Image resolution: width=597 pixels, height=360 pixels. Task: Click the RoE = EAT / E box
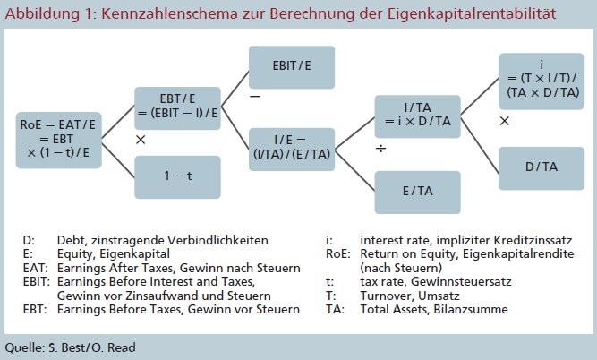[x=59, y=140]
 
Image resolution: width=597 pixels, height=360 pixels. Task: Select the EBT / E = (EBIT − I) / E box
[x=177, y=108]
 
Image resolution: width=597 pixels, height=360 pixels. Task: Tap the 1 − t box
[x=177, y=176]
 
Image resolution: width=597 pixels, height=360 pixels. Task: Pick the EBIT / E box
[x=292, y=67]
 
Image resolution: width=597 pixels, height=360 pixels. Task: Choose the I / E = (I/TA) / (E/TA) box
[x=292, y=149]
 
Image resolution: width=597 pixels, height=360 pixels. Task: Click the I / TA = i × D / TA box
[x=418, y=116]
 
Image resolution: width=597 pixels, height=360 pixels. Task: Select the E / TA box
[x=418, y=192]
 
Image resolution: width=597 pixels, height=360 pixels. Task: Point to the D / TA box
[x=542, y=168]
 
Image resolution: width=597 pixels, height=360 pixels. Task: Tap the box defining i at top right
[x=542, y=81]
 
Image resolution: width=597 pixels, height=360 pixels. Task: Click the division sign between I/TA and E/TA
[x=380, y=148]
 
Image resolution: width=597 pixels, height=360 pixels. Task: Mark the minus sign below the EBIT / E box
[x=255, y=96]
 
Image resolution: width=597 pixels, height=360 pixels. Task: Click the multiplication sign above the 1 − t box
[x=141, y=140]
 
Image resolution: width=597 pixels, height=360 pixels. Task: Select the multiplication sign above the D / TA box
[x=505, y=121]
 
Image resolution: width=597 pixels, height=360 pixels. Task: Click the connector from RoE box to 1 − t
[x=118, y=160]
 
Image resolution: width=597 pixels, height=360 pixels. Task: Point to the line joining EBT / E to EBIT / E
[x=235, y=89]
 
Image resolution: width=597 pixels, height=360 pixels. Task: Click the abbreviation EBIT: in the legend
[x=37, y=281]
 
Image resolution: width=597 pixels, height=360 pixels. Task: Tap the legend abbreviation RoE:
[x=338, y=253]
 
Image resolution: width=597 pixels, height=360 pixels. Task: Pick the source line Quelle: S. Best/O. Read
[x=70, y=347]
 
